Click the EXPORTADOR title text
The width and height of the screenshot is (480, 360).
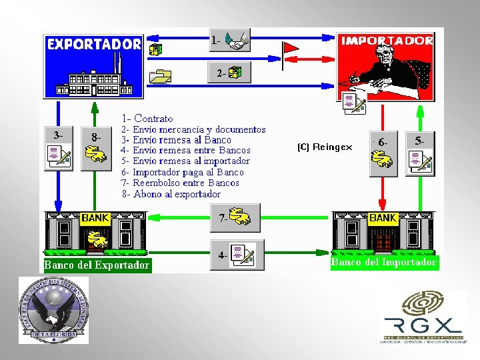[x=94, y=45]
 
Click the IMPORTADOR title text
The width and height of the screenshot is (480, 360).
[x=387, y=41]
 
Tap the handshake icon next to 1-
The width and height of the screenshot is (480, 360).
[x=237, y=40]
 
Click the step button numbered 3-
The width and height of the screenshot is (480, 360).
[x=58, y=147]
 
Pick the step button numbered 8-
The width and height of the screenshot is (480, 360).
[x=95, y=148]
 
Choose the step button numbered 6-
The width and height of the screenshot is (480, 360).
[x=383, y=153]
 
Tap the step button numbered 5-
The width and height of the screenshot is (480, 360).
[x=420, y=153]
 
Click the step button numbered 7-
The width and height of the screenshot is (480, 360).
[x=236, y=217]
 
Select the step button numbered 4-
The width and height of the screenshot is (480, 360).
[x=236, y=254]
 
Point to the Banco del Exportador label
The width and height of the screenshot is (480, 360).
[x=97, y=265]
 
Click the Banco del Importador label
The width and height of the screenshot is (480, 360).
[x=384, y=263]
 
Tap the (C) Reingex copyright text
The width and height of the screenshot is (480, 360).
[x=325, y=147]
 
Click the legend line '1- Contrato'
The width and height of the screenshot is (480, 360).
[x=147, y=119]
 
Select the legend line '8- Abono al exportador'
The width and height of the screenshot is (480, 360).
[x=170, y=194]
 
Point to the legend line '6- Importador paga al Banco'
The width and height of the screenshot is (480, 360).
[x=182, y=172]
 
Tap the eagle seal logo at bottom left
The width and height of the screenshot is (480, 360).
[x=53, y=310]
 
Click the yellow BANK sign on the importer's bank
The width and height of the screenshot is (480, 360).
[x=383, y=218]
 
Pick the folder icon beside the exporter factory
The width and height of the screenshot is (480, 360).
[x=160, y=76]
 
